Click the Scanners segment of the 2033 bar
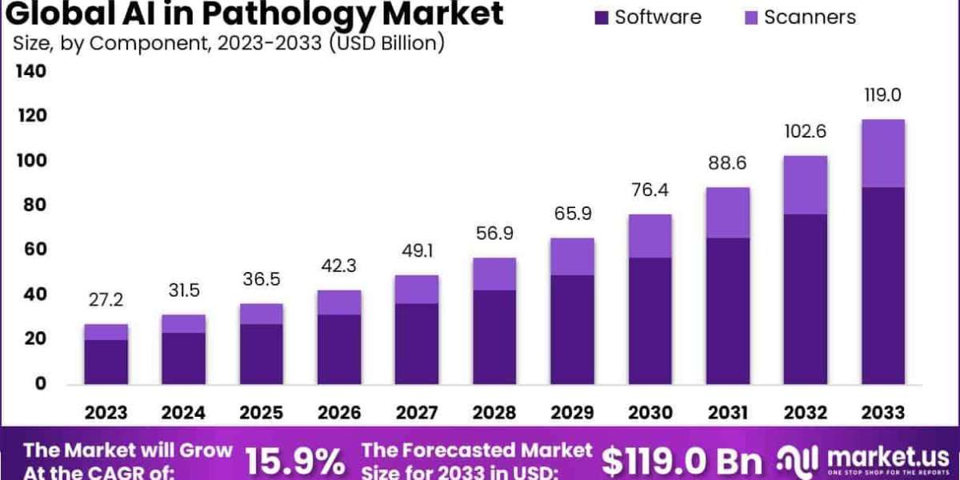(883, 154)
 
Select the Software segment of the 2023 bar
(106, 362)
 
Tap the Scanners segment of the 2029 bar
(572, 257)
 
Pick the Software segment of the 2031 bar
(728, 310)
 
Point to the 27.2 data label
(106, 302)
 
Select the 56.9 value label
(494, 234)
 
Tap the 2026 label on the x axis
(339, 413)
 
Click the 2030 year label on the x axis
(650, 413)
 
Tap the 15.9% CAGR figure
(294, 462)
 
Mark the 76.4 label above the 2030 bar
(650, 190)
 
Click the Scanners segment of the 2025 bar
(262, 314)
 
